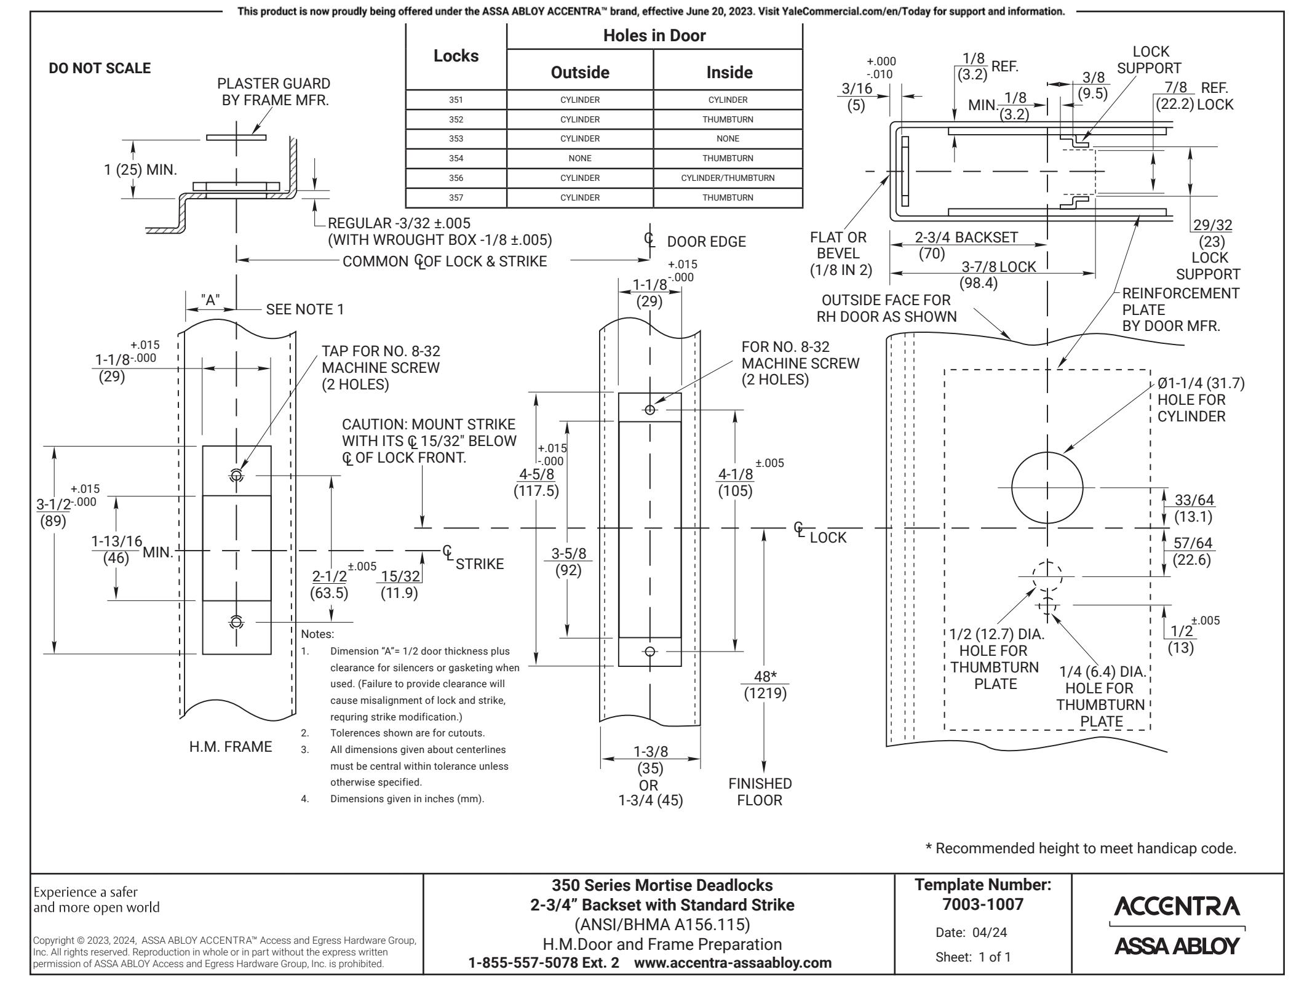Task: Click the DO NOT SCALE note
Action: [99, 68]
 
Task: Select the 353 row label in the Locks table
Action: [456, 138]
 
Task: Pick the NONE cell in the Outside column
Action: [579, 158]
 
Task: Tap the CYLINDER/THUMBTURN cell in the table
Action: [728, 178]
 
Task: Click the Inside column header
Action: [729, 73]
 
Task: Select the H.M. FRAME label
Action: [231, 747]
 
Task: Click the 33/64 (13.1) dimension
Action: [1193, 508]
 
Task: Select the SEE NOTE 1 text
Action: [305, 309]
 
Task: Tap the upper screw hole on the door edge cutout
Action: [650, 410]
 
